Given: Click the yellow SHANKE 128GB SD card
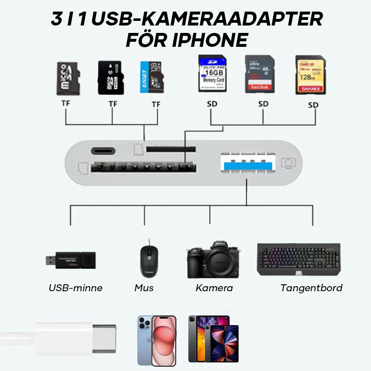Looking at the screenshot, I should [310, 75].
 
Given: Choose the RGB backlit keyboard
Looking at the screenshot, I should [299, 259].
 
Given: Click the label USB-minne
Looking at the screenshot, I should [76, 288].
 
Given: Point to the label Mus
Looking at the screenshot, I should [144, 288].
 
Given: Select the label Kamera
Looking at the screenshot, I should [214, 288].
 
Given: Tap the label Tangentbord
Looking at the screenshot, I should [311, 288].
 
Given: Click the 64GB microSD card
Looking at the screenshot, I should [109, 77].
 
